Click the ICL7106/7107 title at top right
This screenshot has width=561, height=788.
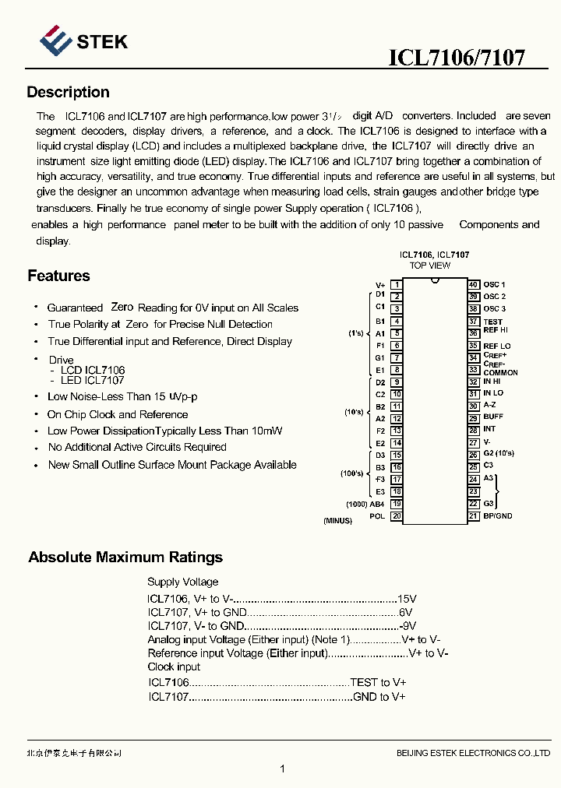pyautogui.click(x=457, y=58)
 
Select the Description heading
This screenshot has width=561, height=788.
pyautogui.click(x=68, y=93)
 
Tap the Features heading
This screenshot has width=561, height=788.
pyautogui.click(x=58, y=276)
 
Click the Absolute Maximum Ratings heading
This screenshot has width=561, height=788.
pyautogui.click(x=125, y=558)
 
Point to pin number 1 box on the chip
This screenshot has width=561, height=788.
pyautogui.click(x=397, y=285)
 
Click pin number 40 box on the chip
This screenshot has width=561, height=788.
pyautogui.click(x=473, y=285)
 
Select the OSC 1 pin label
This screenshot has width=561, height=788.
pyautogui.click(x=494, y=285)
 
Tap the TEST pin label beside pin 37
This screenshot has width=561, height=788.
pyautogui.click(x=492, y=322)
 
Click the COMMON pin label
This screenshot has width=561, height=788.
pyautogui.click(x=500, y=373)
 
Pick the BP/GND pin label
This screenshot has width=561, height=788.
pyautogui.click(x=498, y=516)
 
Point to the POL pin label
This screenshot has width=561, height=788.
pyautogui.click(x=377, y=516)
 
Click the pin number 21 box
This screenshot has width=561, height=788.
pyautogui.click(x=473, y=516)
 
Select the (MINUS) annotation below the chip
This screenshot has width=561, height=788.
pyautogui.click(x=337, y=521)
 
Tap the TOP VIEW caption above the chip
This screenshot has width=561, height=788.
pyautogui.click(x=430, y=266)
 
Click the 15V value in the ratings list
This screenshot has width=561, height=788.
pyautogui.click(x=408, y=599)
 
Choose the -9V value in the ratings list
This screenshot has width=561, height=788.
pyautogui.click(x=408, y=625)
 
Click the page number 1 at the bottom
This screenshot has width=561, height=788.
pyautogui.click(x=282, y=769)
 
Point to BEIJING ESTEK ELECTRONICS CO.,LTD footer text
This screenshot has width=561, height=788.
pyautogui.click(x=473, y=753)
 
